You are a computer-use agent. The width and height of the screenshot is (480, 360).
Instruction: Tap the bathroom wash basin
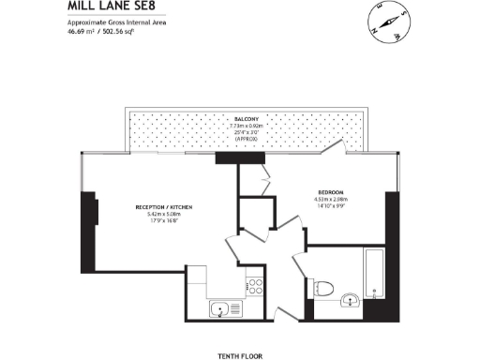coord(351,301)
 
